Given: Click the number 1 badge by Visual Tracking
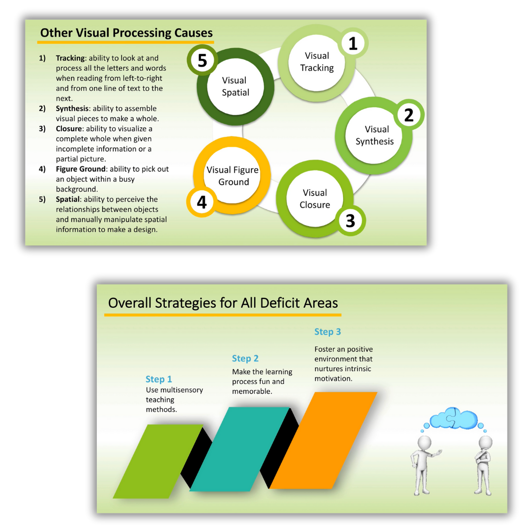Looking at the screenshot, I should pyautogui.click(x=353, y=44).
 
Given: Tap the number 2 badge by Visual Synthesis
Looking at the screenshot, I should pyautogui.click(x=409, y=115).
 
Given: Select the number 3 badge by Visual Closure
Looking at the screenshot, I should pyautogui.click(x=350, y=220).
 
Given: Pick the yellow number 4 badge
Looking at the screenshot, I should pyautogui.click(x=202, y=202).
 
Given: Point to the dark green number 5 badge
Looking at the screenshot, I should pyautogui.click(x=202, y=61).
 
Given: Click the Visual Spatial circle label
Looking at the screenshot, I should pyautogui.click(x=235, y=87).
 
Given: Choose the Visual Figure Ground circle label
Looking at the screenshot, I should pyautogui.click(x=232, y=176).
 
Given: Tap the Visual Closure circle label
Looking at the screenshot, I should pyautogui.click(x=315, y=199).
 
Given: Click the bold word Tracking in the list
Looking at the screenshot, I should pyautogui.click(x=70, y=58).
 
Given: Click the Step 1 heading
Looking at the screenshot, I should pyautogui.click(x=159, y=379).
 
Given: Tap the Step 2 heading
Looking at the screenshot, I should pyautogui.click(x=245, y=358).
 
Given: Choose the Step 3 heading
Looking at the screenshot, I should pyautogui.click(x=327, y=332).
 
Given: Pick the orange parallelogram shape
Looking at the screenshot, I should pyautogui.click(x=323, y=440).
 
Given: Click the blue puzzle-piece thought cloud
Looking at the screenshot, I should pyautogui.click(x=453, y=418).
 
